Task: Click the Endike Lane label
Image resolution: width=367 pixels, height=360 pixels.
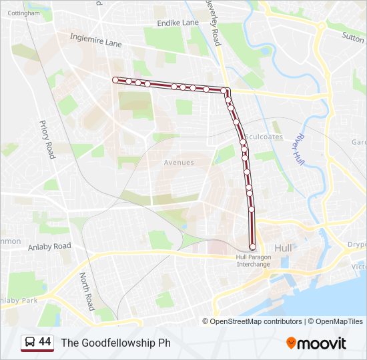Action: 177,23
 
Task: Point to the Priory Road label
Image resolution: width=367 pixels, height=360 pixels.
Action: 47,139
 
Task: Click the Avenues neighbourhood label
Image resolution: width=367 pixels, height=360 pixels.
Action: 179,163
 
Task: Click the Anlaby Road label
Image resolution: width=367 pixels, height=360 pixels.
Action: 49,246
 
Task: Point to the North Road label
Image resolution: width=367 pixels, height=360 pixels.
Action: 87,291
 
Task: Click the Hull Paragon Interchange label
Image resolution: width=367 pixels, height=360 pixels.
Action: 253,261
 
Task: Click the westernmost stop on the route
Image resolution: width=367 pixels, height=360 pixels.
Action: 115,80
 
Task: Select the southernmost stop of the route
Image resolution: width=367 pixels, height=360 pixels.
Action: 252,247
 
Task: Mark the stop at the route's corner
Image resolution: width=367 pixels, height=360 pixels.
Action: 227,91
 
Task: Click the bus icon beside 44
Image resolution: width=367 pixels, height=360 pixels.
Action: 29,343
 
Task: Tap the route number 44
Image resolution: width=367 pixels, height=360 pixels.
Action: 45,342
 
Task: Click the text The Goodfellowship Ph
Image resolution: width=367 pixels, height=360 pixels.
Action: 115,343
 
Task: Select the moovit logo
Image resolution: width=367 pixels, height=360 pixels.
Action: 316,343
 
